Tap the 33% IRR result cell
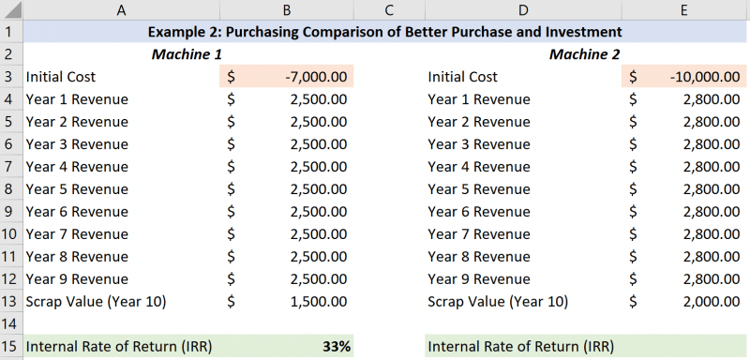(336, 346)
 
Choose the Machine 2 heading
(584, 54)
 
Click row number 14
(9, 323)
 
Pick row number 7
(9, 167)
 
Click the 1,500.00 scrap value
(321, 302)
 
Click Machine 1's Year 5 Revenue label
(77, 189)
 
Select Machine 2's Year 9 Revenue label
(478, 279)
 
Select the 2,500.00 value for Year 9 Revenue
(321, 279)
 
